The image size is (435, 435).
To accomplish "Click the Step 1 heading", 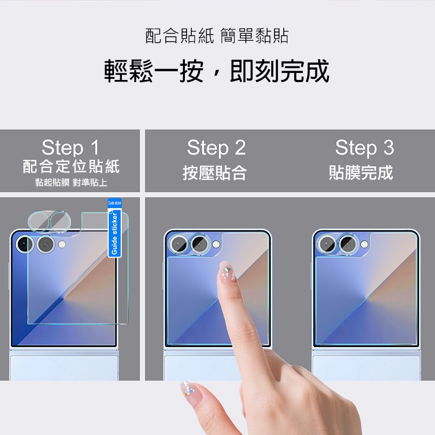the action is tap(71, 147).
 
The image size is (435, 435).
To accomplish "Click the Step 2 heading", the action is tap(216, 147).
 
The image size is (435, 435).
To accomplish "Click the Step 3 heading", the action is tap(364, 147).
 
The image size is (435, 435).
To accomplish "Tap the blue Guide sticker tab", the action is tap(115, 228).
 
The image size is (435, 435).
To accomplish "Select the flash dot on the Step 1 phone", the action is tap(62, 244).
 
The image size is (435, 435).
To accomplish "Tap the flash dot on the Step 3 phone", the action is tap(364, 244).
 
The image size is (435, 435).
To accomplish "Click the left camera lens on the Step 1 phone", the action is tap(24, 244).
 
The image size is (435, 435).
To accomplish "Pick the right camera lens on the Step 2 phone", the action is tap(199, 244).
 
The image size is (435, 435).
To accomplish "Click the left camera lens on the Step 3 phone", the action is tap(327, 244).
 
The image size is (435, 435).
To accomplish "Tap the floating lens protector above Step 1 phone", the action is tap(49, 221).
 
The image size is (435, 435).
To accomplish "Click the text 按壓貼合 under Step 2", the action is tap(214, 172).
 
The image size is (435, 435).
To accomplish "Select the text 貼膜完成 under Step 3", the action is tap(361, 172).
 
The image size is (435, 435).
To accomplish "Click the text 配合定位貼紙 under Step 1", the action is tap(71, 166).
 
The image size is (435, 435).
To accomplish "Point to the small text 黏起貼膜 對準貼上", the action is tap(71, 183).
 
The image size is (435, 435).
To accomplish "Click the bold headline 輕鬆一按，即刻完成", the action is tap(216, 71).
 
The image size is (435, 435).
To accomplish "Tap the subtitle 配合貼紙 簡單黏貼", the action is tap(217, 36).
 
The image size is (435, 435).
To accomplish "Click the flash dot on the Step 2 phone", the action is tap(216, 244).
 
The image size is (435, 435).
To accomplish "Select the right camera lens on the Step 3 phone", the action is tap(347, 244).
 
